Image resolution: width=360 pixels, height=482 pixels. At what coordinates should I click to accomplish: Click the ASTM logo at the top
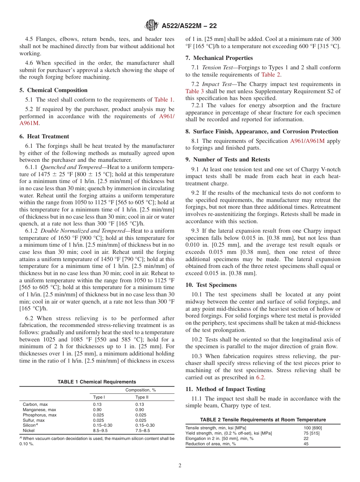(x=152, y=26)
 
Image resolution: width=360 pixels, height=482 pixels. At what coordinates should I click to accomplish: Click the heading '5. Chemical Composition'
(x=57, y=90)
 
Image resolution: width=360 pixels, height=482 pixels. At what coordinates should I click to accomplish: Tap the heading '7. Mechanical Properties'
(x=219, y=58)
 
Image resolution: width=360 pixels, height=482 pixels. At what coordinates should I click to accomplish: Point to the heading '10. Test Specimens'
(x=211, y=285)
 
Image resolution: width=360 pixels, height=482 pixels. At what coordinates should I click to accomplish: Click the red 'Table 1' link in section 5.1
(x=163, y=100)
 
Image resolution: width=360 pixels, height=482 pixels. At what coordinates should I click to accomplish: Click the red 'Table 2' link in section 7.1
(x=271, y=75)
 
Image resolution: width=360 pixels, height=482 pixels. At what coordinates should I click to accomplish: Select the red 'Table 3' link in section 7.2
(x=194, y=91)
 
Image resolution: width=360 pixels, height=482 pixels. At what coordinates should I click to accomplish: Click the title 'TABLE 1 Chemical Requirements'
(x=97, y=382)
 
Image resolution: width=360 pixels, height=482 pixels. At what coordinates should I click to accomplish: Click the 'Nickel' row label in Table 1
(x=29, y=430)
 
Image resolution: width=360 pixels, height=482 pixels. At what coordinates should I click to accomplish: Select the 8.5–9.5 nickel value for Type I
(x=100, y=430)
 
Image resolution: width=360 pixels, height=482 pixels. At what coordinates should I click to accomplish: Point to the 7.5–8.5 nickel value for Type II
(x=142, y=430)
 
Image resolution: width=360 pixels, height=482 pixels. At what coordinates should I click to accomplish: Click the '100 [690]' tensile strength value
(x=313, y=428)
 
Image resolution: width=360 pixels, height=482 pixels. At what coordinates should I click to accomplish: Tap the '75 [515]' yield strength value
(x=311, y=433)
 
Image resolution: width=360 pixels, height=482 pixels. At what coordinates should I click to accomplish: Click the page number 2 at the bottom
(x=180, y=466)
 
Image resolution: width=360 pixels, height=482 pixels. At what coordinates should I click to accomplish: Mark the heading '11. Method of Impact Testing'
(x=225, y=389)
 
